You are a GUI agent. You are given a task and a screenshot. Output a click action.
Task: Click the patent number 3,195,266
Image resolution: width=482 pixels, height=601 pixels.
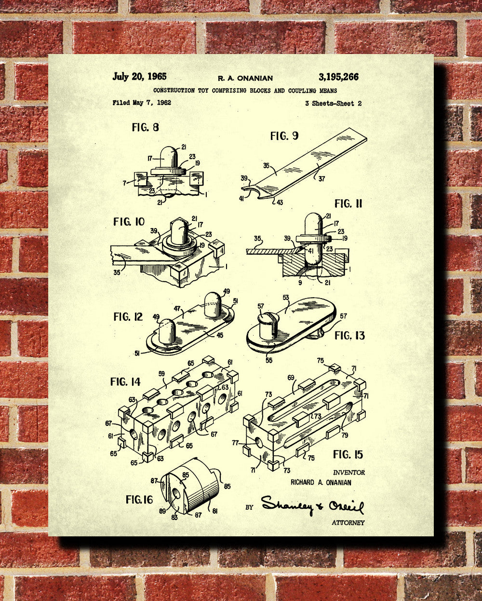[x=338, y=77]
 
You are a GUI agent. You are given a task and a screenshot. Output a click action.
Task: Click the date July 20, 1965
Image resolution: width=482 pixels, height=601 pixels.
[x=139, y=76]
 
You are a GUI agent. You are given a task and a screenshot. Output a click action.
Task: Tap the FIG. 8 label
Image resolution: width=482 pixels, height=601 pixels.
[x=145, y=127]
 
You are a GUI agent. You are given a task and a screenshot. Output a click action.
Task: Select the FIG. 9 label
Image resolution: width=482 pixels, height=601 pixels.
[x=284, y=136]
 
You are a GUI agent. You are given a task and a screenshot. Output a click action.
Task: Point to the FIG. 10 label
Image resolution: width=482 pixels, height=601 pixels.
[x=129, y=222]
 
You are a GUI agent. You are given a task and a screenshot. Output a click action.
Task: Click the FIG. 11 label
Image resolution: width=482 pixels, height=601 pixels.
[x=348, y=204]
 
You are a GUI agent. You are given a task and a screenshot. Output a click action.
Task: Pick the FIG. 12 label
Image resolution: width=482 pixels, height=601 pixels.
[x=128, y=317]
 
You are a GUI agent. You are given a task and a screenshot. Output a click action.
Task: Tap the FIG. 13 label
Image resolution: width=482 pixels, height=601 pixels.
[x=350, y=335]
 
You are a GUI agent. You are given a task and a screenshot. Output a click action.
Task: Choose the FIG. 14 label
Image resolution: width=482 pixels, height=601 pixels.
[x=125, y=382]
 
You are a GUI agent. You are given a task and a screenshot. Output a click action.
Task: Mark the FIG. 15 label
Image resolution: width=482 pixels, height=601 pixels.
[x=348, y=454]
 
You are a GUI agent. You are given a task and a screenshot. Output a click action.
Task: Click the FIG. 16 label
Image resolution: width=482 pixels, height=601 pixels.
[x=139, y=499]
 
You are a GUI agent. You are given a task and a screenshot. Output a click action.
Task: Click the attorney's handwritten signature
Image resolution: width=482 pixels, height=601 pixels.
[x=313, y=505]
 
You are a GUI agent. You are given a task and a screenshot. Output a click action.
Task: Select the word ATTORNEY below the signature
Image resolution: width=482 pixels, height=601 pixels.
[x=348, y=522]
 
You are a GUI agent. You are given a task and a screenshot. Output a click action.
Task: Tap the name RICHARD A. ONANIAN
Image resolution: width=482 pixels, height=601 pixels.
[x=321, y=482]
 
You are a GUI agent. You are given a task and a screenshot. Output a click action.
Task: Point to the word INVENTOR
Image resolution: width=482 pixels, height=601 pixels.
[x=349, y=473]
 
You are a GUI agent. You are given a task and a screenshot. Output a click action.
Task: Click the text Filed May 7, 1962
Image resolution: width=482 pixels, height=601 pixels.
[x=142, y=103]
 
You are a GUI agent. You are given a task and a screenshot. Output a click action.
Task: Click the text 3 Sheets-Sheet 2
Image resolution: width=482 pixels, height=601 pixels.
[x=333, y=103]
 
